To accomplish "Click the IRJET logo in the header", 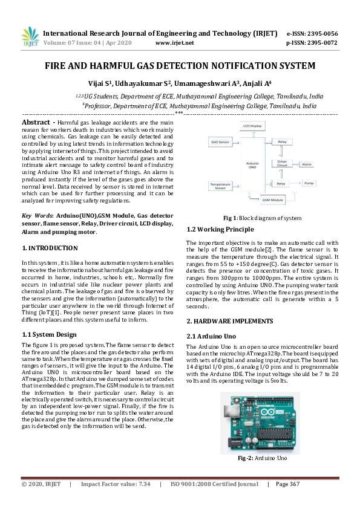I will pyautogui.click(x=30, y=37).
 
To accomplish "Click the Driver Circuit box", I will pyautogui.click(x=282, y=163).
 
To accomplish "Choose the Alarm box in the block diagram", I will pyautogui.click(x=307, y=164).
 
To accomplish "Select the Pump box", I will pyautogui.click(x=309, y=183).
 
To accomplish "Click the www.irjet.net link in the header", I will pyautogui.click(x=174, y=43).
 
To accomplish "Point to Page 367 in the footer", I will pyautogui.click(x=288, y=484).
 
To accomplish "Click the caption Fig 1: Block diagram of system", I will pyautogui.click(x=262, y=218).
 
